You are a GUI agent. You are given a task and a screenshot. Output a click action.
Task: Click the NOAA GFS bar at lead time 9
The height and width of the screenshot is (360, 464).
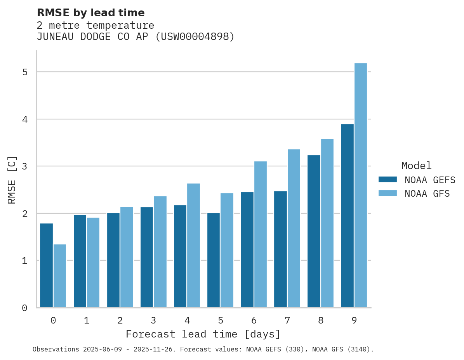(x=361, y=185)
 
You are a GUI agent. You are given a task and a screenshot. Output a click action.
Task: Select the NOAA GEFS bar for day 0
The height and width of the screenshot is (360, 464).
(x=47, y=266)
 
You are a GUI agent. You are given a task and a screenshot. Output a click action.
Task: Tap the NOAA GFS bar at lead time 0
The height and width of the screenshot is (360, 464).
(x=60, y=276)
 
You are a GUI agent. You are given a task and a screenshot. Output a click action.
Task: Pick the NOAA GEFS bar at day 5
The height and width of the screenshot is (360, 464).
(x=214, y=260)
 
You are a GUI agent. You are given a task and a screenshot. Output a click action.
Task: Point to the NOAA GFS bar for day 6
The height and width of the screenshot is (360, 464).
(x=261, y=234)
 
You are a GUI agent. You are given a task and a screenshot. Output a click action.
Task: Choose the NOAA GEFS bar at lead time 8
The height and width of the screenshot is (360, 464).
(x=314, y=231)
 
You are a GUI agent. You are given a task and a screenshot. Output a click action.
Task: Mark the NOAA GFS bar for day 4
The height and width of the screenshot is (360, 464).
(x=194, y=246)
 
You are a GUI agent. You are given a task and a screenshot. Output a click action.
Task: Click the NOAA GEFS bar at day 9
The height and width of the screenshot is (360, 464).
(x=347, y=216)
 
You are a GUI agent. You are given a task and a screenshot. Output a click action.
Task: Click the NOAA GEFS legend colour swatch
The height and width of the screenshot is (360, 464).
(x=388, y=180)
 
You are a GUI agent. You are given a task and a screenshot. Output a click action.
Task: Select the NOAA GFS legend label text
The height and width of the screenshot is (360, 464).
(x=427, y=194)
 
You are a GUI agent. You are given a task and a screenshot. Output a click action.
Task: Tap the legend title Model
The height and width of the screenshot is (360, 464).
(x=416, y=166)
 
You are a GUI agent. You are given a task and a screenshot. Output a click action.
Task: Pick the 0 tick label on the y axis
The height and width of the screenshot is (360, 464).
(x=24, y=308)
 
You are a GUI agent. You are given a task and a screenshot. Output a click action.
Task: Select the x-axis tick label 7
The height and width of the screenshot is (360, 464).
(x=287, y=320)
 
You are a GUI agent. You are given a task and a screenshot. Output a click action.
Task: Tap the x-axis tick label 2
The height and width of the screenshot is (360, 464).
(x=120, y=320)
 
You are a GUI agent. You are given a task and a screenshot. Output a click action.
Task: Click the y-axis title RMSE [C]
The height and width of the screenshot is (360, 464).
(x=12, y=180)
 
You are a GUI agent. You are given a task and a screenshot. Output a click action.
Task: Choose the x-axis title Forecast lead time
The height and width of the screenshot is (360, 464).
(x=203, y=334)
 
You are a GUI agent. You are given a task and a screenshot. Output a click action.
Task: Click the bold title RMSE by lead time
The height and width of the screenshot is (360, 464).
(x=90, y=13)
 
